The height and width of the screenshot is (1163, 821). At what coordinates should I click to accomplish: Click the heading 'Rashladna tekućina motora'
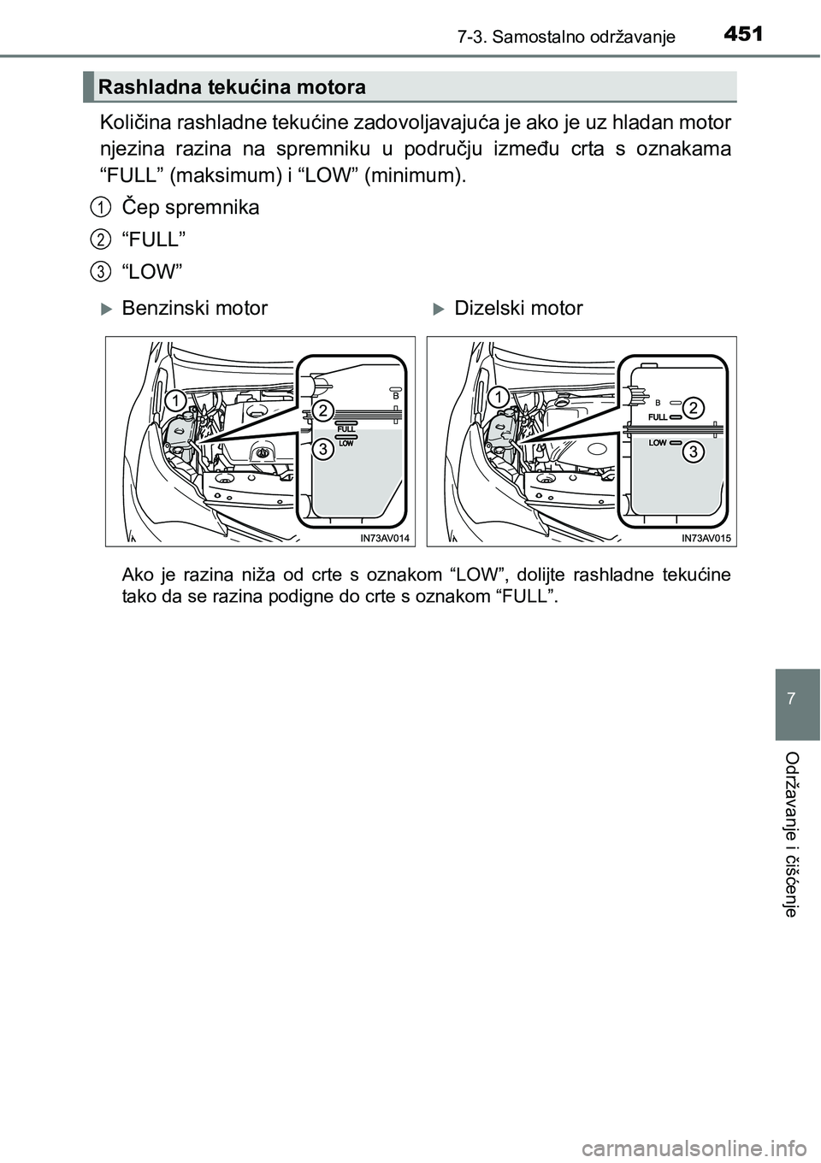click(232, 87)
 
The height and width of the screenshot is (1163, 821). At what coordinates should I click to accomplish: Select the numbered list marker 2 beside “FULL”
click(100, 239)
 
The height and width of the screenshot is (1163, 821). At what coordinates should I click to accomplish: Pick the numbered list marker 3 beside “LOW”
click(100, 271)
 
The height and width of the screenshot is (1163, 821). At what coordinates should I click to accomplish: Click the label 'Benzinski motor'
click(194, 308)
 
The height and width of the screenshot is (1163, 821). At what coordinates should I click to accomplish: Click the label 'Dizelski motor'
click(518, 308)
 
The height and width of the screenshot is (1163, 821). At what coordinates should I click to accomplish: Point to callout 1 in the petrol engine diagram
click(174, 400)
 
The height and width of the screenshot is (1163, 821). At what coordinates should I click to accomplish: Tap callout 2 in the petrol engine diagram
click(322, 410)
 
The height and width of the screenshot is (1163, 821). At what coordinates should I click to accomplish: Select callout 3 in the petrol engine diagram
click(322, 450)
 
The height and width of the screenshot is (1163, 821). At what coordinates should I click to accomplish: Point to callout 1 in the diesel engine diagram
click(497, 397)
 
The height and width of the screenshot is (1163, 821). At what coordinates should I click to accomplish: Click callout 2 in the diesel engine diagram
click(694, 407)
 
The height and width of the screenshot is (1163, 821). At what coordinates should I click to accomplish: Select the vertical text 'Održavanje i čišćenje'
click(793, 834)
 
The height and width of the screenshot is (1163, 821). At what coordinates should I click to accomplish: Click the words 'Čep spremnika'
click(191, 207)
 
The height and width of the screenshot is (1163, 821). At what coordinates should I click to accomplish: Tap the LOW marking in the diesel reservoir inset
click(658, 443)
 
